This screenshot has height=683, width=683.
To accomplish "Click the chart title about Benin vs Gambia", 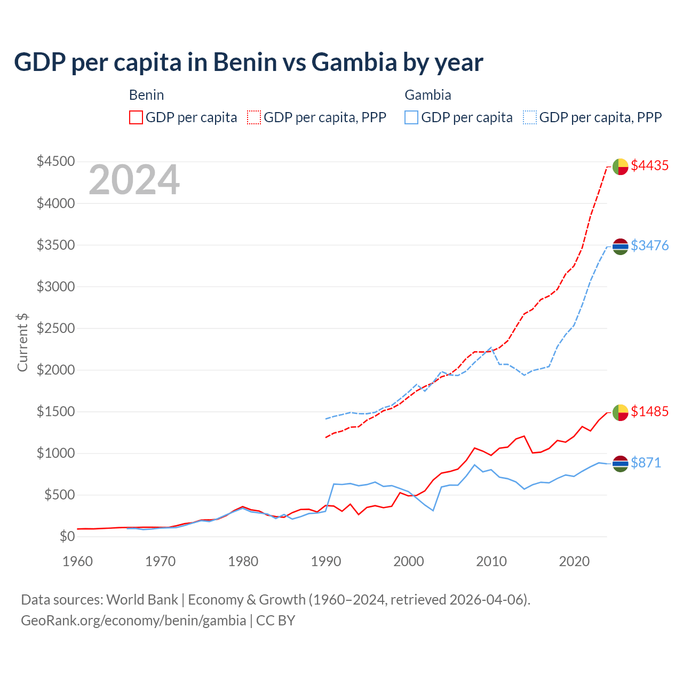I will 249,62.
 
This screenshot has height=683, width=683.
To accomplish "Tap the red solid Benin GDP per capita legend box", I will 136,117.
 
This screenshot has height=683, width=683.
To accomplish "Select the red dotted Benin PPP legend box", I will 254,117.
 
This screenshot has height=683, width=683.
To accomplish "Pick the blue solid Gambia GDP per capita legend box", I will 411,117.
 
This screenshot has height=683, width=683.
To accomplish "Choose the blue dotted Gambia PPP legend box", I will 530,117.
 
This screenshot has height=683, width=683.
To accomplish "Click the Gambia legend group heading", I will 428,95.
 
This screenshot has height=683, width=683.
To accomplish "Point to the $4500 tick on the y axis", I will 55,161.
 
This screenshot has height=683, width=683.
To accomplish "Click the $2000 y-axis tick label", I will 55,370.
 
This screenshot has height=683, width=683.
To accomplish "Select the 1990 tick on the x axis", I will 326,561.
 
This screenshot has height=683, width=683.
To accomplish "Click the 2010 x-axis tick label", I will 491,561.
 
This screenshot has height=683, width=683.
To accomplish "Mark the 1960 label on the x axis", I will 78,561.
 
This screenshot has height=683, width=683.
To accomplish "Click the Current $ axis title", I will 22,342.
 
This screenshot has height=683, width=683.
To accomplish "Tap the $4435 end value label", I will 649,166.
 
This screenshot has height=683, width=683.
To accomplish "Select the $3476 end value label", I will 649,245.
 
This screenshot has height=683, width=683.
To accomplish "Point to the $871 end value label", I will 646,463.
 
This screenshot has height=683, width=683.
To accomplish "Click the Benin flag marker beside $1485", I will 620,412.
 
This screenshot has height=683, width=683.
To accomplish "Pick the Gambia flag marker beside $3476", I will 620,247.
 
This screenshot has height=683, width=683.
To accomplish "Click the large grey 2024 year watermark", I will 134,180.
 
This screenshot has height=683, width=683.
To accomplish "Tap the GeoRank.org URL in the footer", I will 133,621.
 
